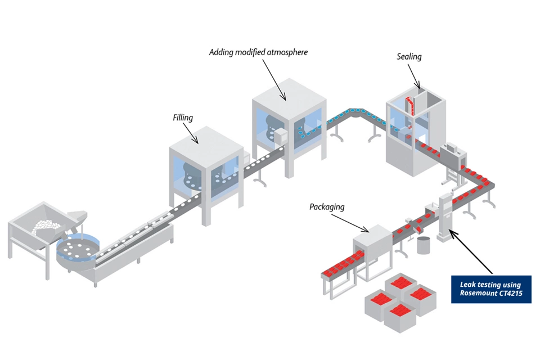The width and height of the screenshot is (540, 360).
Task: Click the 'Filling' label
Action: (x=183, y=118)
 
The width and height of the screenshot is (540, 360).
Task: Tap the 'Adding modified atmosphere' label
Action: (x=258, y=52)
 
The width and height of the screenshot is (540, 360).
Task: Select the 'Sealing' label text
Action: (x=409, y=56)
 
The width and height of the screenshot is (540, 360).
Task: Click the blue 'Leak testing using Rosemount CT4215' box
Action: (x=490, y=289)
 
